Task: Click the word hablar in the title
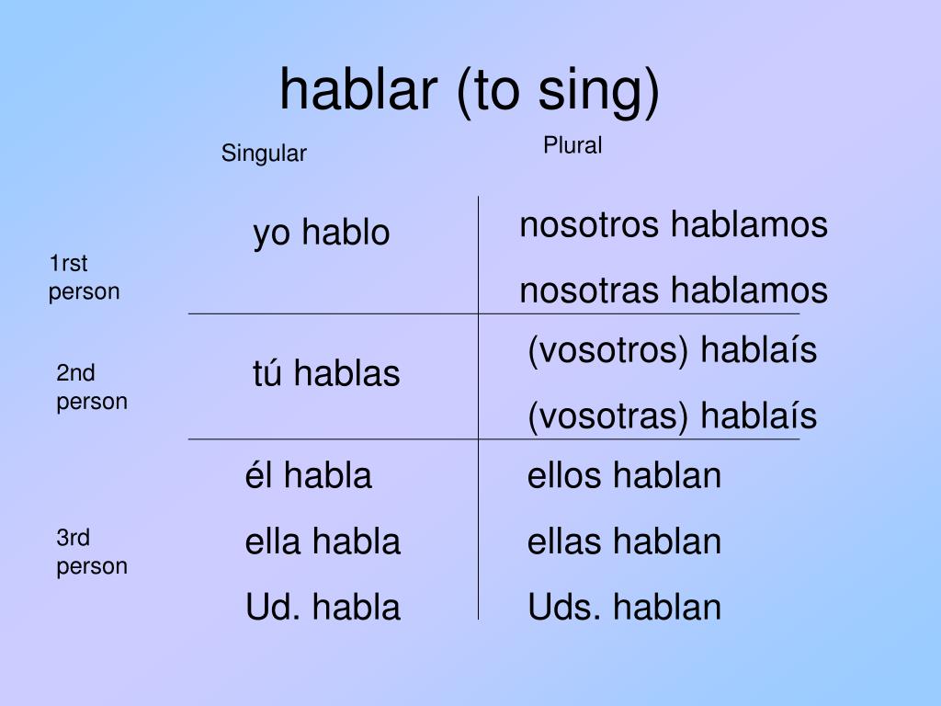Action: pyautogui.click(x=358, y=89)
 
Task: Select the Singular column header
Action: pyautogui.click(x=264, y=154)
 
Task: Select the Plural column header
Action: pyautogui.click(x=573, y=145)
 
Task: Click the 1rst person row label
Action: pyautogui.click(x=84, y=278)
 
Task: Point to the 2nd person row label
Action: pyautogui.click(x=92, y=387)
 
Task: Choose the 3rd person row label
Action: pyautogui.click(x=92, y=552)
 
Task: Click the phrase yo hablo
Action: pyautogui.click(x=322, y=233)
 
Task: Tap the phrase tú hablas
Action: pyautogui.click(x=326, y=373)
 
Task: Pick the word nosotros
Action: pyautogui.click(x=589, y=226)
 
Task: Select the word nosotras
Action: pyautogui.click(x=589, y=291)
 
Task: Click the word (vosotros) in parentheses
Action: pyautogui.click(x=607, y=351)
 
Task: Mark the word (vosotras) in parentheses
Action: pyautogui.click(x=607, y=416)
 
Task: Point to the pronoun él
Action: pyautogui.click(x=258, y=475)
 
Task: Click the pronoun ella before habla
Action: pyautogui.click(x=272, y=541)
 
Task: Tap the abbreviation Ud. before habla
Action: pyautogui.click(x=272, y=607)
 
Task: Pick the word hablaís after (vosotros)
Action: pyautogui.click(x=758, y=349)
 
